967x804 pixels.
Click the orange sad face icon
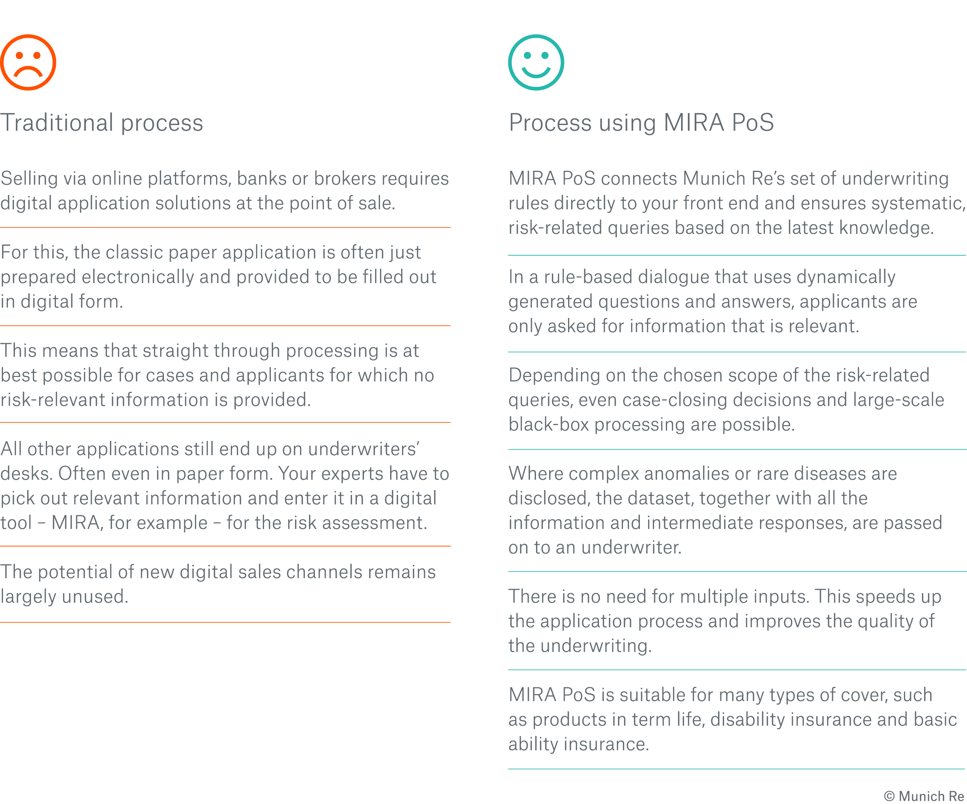coord(28,62)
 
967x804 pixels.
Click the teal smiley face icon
coord(536,62)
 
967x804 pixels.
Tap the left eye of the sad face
coord(19,55)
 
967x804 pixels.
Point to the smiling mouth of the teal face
coord(536,73)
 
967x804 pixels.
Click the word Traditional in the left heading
coord(57,123)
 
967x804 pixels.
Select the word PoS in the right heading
coord(752,123)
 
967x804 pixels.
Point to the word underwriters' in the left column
coord(363,449)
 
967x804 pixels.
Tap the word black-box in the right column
coord(548,425)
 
